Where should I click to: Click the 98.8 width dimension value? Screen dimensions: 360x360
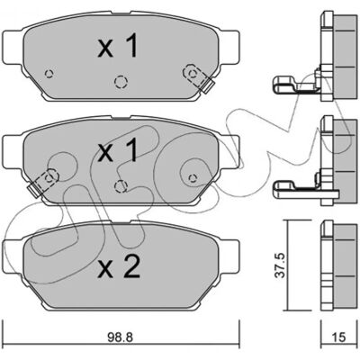120,337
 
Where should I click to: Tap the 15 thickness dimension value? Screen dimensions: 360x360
339,337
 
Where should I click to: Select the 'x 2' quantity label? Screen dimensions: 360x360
119,266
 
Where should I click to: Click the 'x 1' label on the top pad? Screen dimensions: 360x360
118,46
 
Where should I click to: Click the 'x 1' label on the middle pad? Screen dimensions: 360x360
118,149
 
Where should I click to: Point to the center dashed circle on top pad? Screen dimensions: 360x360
121,82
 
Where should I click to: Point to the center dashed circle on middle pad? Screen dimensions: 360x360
121,186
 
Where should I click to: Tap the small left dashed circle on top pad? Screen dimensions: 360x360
49,74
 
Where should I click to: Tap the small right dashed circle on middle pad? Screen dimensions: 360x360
193,178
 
